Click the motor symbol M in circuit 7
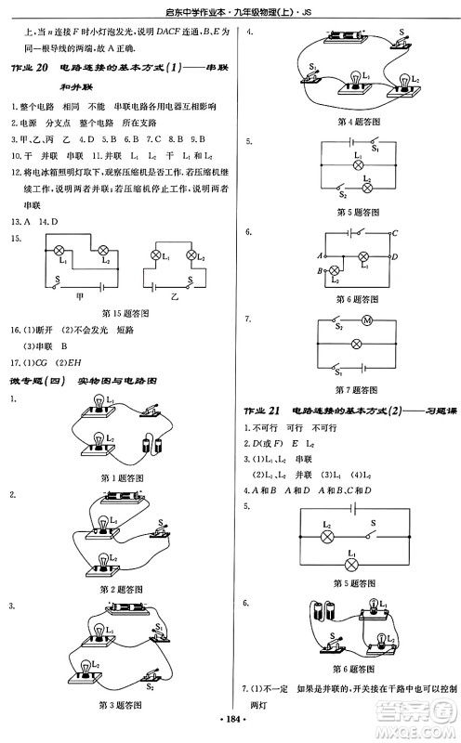click(366, 322)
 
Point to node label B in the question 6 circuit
click(322, 270)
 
